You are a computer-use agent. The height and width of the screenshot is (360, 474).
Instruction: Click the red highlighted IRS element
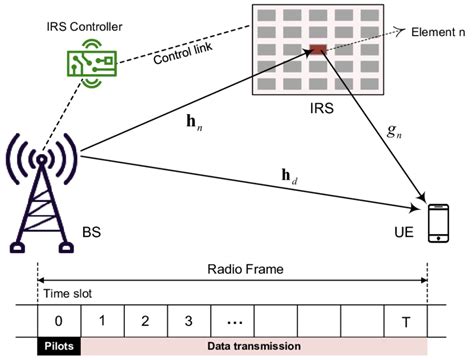pyautogui.click(x=317, y=50)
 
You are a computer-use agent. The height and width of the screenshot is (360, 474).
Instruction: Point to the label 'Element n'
pyautogui.click(x=440, y=33)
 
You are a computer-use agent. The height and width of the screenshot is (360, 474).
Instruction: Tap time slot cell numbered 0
pyautogui.click(x=58, y=322)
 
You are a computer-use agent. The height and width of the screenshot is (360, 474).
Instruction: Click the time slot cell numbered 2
pyautogui.click(x=145, y=322)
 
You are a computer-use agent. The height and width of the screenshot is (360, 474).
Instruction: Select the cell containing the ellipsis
pyautogui.click(x=233, y=322)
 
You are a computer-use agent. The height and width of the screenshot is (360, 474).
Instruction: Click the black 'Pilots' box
pyautogui.click(x=58, y=345)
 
